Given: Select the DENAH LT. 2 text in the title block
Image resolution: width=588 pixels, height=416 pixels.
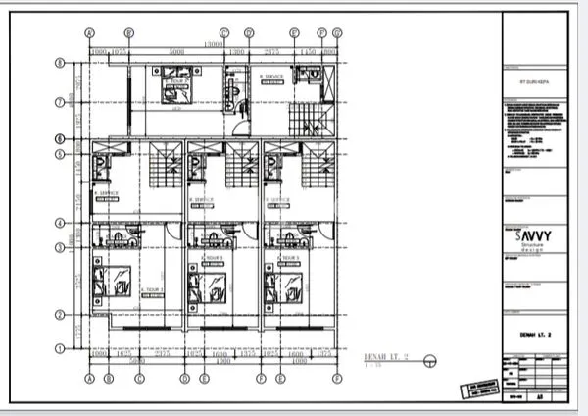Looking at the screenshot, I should point(535,335).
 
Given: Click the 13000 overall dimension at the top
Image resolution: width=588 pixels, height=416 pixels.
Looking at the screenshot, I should point(211,43).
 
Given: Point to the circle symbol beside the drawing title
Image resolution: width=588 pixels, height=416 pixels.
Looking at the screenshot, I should point(428,360).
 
